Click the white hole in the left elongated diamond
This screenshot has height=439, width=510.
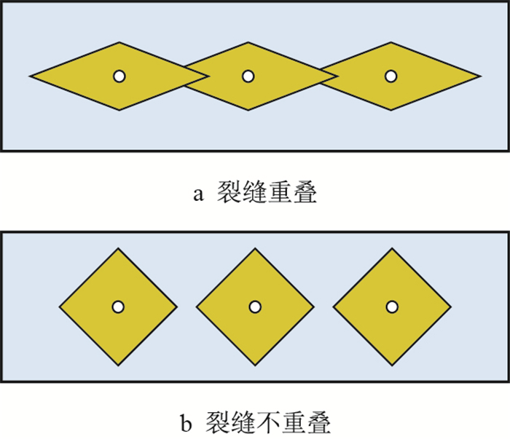pos(119,76)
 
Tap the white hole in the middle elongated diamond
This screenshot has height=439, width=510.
pos(248,76)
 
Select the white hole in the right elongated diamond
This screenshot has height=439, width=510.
pos(391,76)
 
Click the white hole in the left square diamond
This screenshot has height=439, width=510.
pos(118,306)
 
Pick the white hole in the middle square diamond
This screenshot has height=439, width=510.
pos(255,306)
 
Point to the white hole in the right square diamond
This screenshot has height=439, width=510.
pos(392,306)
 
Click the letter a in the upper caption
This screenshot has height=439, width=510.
pos(197,195)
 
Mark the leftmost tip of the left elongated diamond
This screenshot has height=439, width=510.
pos(31,76)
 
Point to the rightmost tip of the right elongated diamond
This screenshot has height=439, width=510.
pos(479,76)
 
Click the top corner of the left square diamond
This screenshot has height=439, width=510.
pos(118,248)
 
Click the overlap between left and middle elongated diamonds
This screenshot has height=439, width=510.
pos(196,76)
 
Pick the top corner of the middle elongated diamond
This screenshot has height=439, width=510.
pos(248,42)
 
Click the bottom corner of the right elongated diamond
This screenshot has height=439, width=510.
pos(391,110)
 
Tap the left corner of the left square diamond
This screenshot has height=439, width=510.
pos(59,306)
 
